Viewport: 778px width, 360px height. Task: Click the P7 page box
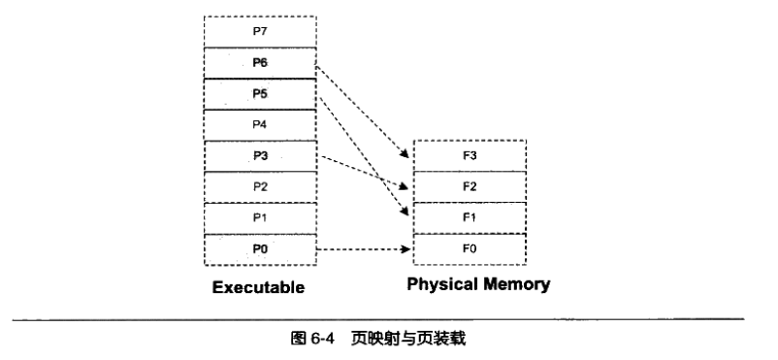pos(259,31)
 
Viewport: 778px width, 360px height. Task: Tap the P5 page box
pos(259,94)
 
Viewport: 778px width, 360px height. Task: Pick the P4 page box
pos(259,125)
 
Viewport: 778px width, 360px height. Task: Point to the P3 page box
pos(259,155)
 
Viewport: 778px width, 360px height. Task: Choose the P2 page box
pos(259,186)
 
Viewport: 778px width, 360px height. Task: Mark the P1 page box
pos(259,217)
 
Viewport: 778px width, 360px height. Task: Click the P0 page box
pos(259,249)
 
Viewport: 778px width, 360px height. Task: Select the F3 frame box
pos(470,155)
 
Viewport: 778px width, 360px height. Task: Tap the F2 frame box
pos(470,186)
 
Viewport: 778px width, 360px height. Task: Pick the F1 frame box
pos(470,217)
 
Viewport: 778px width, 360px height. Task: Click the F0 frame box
pos(470,249)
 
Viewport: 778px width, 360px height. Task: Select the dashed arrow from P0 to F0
pos(364,249)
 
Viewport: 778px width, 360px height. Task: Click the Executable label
pos(259,288)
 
